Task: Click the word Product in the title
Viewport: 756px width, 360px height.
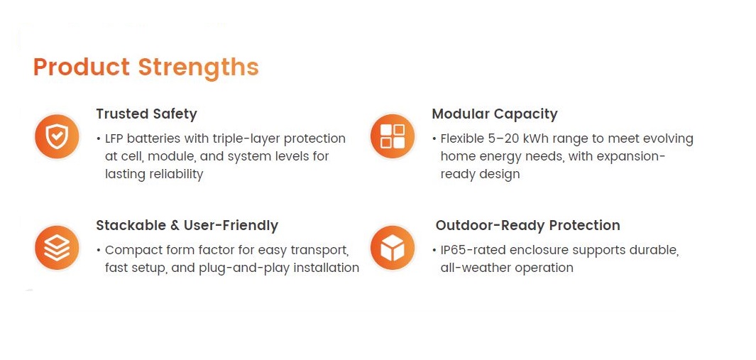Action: point(82,67)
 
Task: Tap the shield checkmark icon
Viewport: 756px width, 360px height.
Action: point(57,137)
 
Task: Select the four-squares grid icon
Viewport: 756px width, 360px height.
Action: point(393,136)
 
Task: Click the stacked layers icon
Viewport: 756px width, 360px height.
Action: point(57,248)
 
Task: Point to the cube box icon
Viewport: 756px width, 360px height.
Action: point(393,248)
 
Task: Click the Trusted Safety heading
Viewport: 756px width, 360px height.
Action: point(146,114)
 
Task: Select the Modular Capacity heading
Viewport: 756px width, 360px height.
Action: point(495,114)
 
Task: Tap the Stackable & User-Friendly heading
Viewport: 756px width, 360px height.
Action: point(187,225)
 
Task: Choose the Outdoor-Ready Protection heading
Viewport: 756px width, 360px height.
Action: point(528,225)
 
